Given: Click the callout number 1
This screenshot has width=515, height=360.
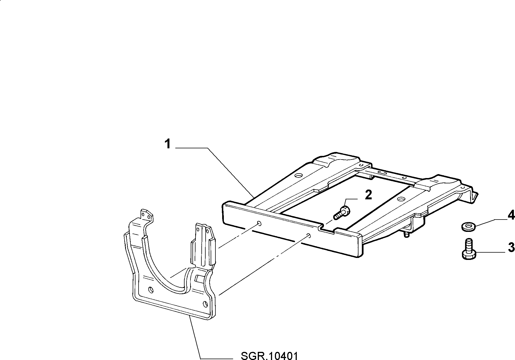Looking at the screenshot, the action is (x=167, y=144).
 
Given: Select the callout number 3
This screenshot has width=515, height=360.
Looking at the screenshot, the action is (x=511, y=247).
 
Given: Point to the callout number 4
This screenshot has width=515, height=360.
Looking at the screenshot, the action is (x=511, y=215).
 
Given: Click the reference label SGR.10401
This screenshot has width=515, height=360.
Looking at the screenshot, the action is (x=269, y=355).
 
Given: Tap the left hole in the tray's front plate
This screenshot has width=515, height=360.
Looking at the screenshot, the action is (x=259, y=223).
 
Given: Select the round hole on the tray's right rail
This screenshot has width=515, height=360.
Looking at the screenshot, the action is (x=401, y=199).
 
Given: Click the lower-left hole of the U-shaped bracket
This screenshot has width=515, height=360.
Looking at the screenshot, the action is (x=151, y=290).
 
